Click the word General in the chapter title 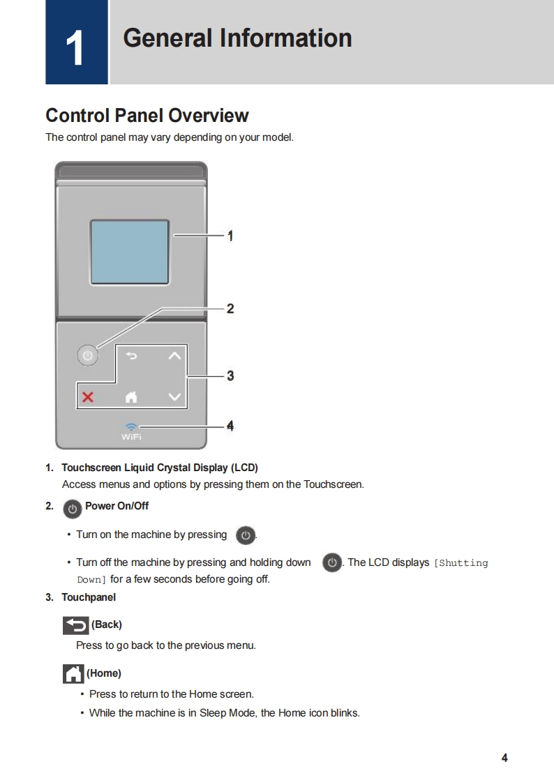pyautogui.click(x=166, y=38)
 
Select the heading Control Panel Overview pyautogui.click(x=147, y=115)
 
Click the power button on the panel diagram pyautogui.click(x=87, y=355)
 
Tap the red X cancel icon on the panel pyautogui.click(x=88, y=397)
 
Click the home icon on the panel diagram pyautogui.click(x=130, y=397)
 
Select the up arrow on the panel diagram pyautogui.click(x=174, y=356)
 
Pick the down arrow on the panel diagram pyautogui.click(x=174, y=397)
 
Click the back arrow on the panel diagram pyautogui.click(x=131, y=356)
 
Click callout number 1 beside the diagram pyautogui.click(x=230, y=236)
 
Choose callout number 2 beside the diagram pyautogui.click(x=230, y=308)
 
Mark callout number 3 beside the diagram pyautogui.click(x=230, y=376)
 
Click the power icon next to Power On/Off pyautogui.click(x=72, y=508)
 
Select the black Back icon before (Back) pyautogui.click(x=75, y=624)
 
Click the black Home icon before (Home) pyautogui.click(x=73, y=673)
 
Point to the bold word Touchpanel pyautogui.click(x=89, y=597)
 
